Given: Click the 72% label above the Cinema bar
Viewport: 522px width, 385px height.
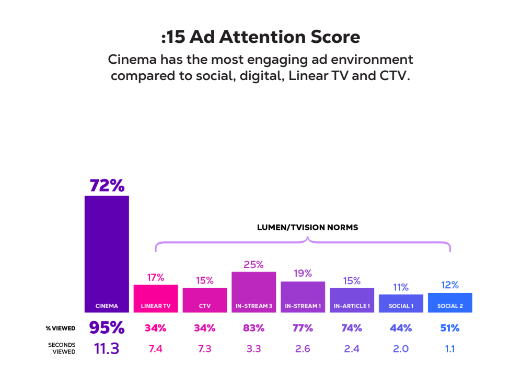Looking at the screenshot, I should click(x=107, y=186).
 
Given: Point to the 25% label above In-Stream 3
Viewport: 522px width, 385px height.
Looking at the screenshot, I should click(x=253, y=265).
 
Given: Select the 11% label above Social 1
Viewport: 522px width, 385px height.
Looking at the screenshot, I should click(x=401, y=287).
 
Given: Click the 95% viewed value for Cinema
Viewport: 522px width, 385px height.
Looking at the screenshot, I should click(x=107, y=328).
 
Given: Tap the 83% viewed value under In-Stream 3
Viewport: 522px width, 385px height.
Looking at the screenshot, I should click(x=253, y=328).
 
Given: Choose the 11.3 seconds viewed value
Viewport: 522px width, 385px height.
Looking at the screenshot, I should click(x=107, y=348).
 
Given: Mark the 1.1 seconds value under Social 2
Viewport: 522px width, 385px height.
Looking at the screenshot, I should click(x=450, y=349).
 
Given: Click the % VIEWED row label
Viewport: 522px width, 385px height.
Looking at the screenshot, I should click(x=61, y=329).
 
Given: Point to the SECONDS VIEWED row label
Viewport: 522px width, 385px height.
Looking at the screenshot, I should click(x=62, y=348).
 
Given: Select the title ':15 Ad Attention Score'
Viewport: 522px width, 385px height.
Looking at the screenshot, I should click(x=261, y=37).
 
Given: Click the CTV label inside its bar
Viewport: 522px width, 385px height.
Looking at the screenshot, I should click(x=205, y=306).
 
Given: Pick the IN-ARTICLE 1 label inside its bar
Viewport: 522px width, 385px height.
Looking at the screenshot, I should click(x=352, y=306).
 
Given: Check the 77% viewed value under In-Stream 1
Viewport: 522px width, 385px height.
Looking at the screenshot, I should click(x=303, y=328).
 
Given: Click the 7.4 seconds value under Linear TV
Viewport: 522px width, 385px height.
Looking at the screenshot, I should click(x=156, y=349).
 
